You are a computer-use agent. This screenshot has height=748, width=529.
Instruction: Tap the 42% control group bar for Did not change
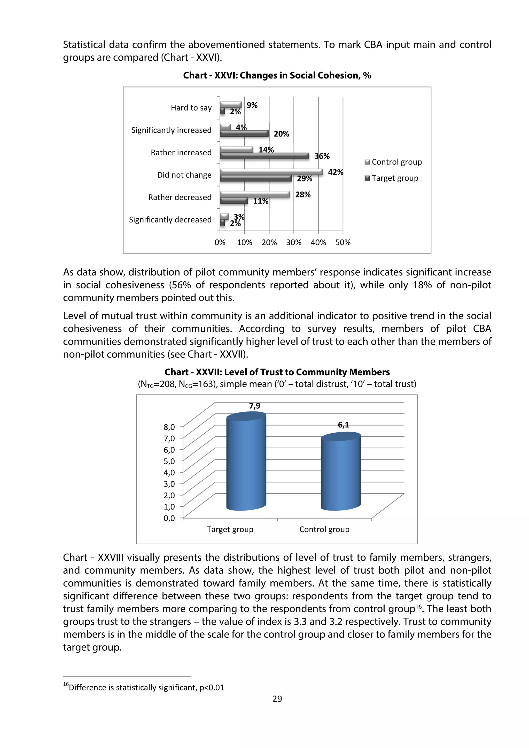pos(271,172)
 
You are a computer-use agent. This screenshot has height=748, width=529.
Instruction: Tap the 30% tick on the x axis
pos(293,242)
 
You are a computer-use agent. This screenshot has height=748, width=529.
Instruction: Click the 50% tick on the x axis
pos(343,242)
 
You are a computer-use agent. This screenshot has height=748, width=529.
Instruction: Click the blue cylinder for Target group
pos(246,463)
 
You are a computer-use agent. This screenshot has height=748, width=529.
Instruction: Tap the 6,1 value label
pos(343,425)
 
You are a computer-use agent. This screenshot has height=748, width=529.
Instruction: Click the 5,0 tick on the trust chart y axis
pos(169,461)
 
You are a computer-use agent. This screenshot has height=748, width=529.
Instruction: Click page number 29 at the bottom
pos(277,699)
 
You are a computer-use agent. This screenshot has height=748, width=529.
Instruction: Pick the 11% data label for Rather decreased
pos(261,201)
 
